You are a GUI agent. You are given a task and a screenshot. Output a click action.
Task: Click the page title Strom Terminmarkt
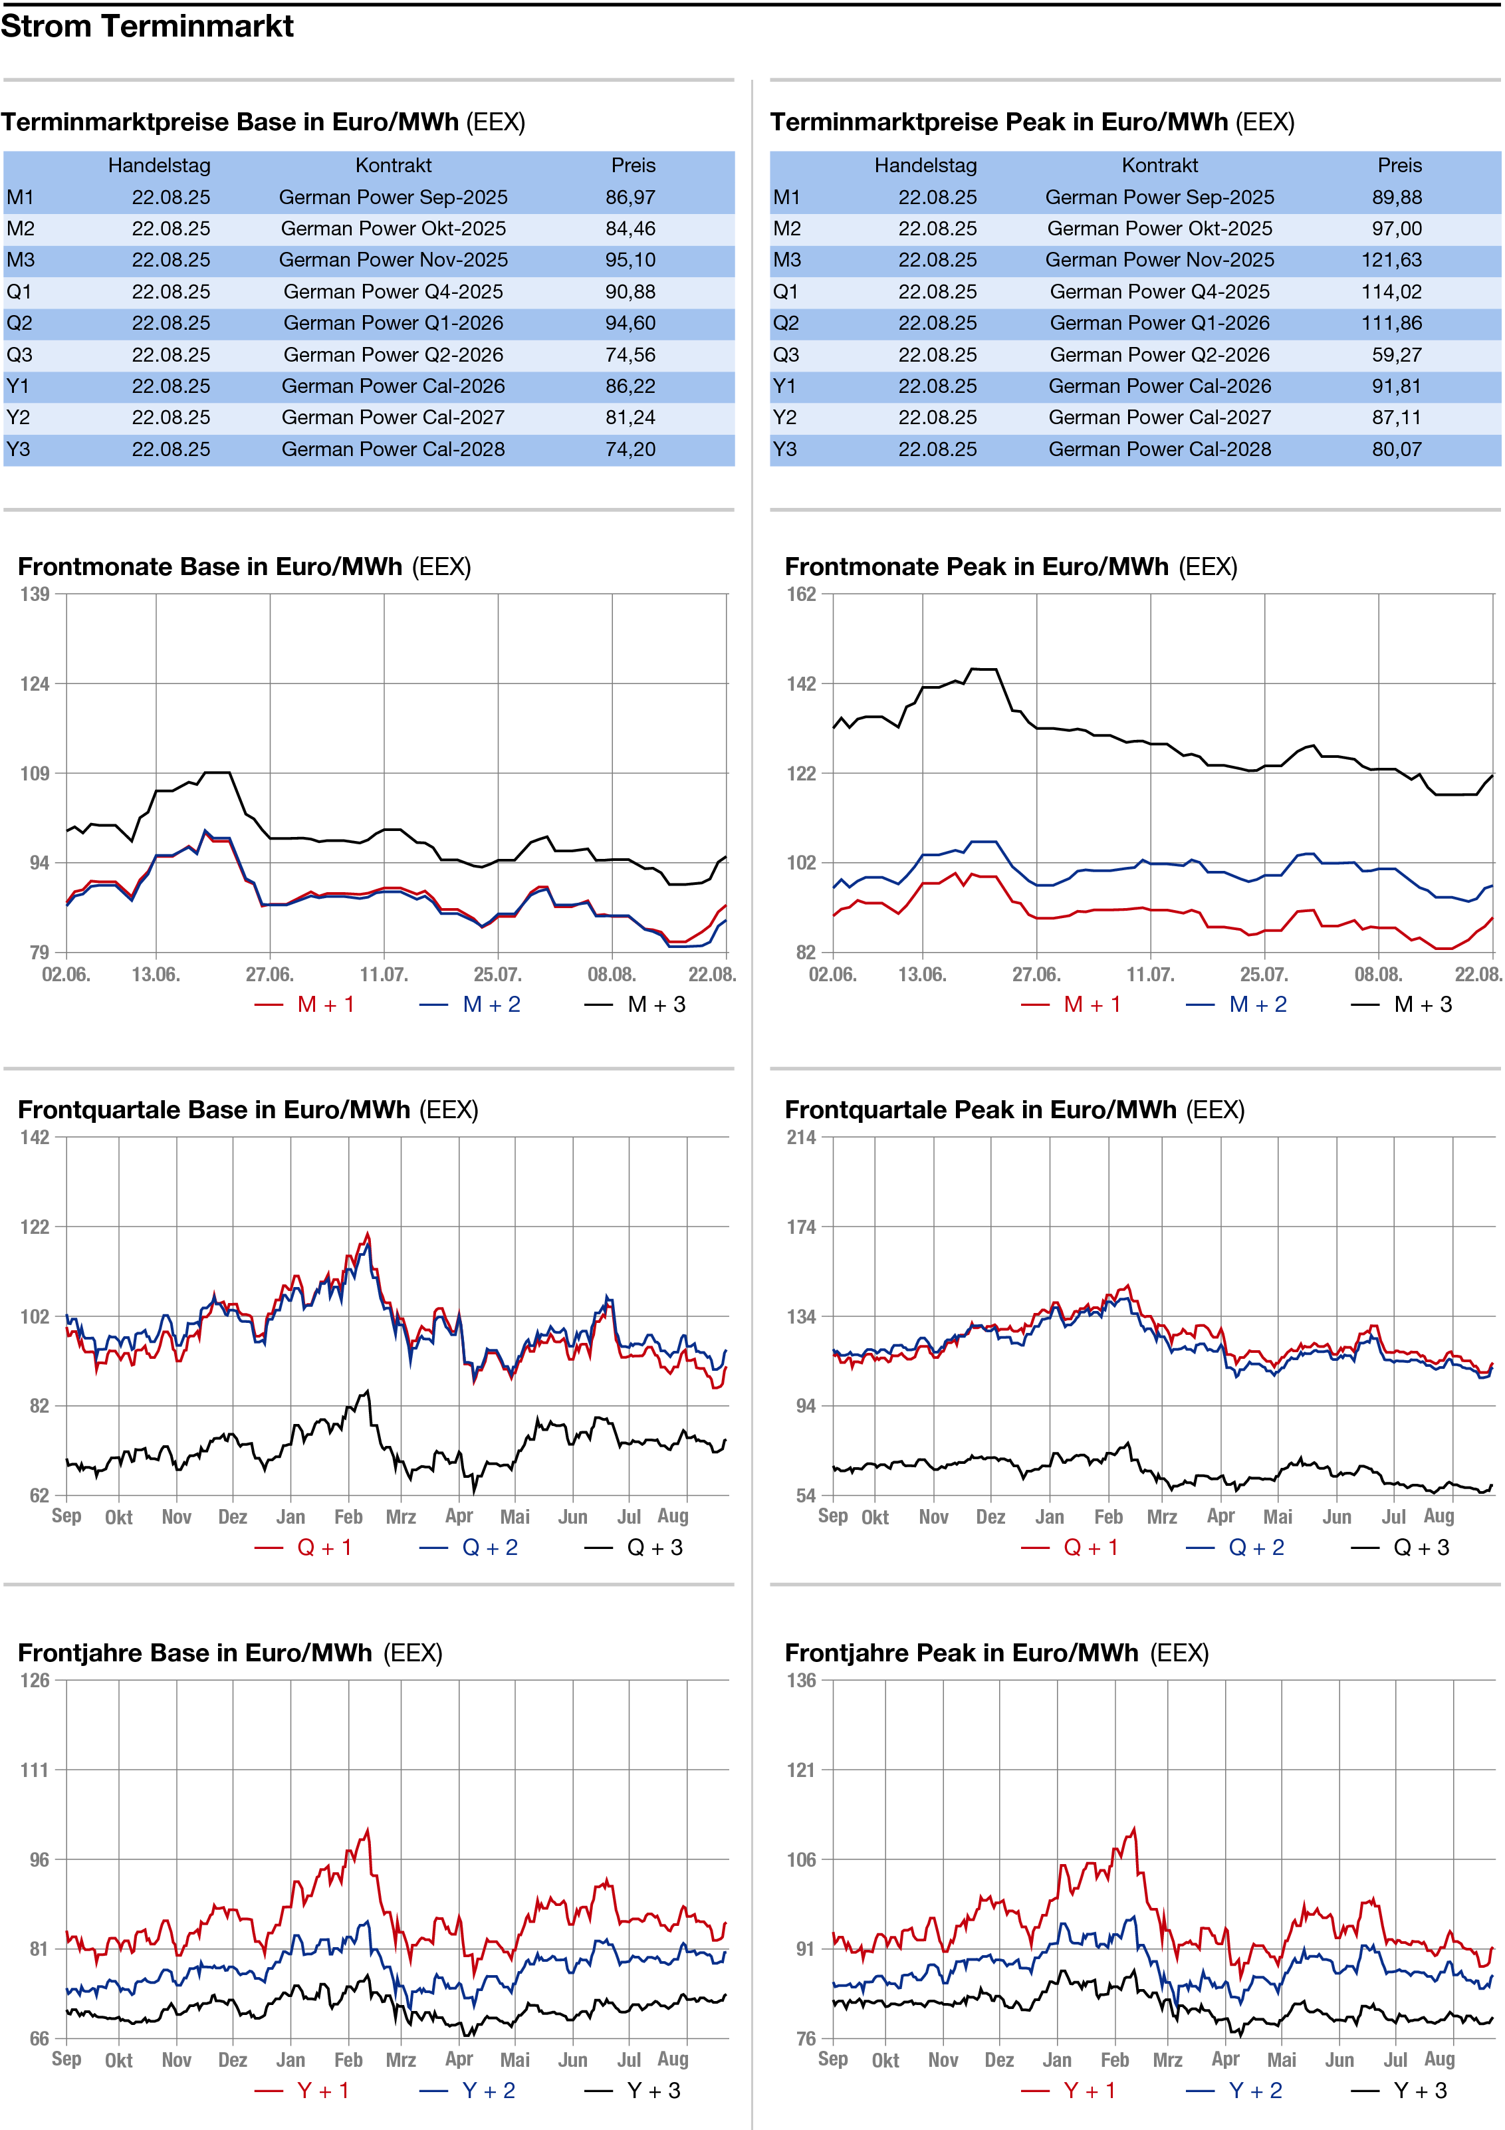[147, 26]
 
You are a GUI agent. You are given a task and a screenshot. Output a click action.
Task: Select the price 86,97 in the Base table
[630, 197]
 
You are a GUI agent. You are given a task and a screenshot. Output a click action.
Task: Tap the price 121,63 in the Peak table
[1391, 261]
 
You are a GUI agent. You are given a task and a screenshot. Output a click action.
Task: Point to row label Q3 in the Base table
[19, 355]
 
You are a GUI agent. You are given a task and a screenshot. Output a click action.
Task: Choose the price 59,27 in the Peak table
[1397, 355]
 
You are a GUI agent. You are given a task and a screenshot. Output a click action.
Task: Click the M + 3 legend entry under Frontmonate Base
[636, 1005]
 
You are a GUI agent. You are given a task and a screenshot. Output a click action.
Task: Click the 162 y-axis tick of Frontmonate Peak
[802, 594]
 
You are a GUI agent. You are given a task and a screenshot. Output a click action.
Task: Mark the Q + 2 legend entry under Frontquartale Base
[469, 1548]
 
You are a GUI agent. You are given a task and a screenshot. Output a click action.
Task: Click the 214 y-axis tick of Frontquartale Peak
[802, 1138]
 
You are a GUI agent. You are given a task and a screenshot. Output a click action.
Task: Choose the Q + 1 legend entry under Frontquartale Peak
[1070, 1548]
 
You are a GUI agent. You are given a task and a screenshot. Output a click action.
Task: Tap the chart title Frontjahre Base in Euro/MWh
[195, 1654]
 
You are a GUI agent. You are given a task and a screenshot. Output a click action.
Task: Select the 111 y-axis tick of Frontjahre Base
[35, 1771]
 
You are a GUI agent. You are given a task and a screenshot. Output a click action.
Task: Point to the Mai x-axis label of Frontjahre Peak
[1282, 2060]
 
